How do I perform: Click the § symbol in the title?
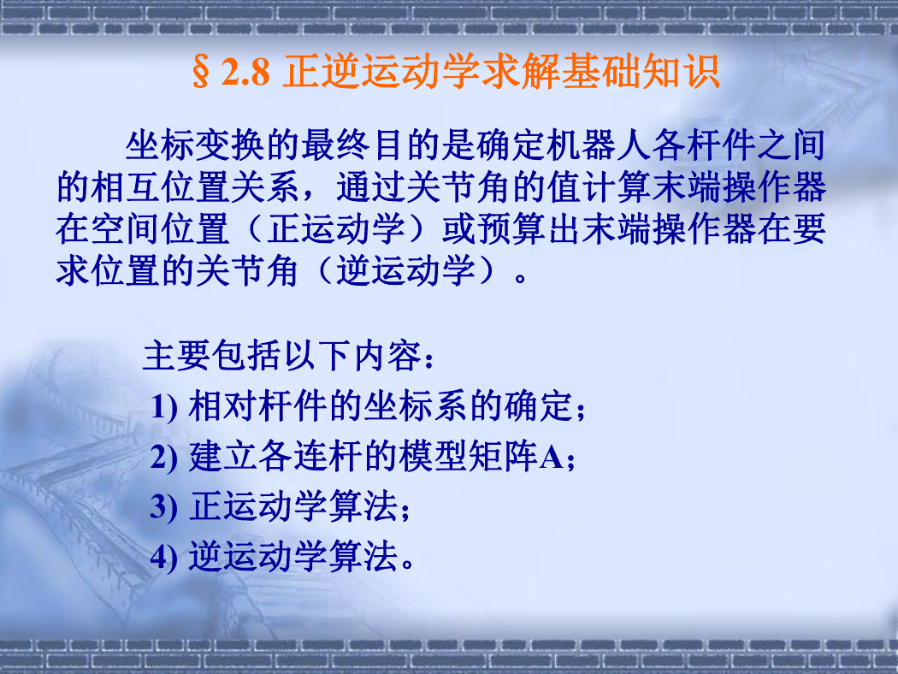(201, 73)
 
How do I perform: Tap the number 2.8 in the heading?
(245, 73)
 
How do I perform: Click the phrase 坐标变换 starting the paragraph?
(196, 145)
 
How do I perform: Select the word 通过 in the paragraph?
(370, 186)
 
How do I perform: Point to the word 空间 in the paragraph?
(126, 228)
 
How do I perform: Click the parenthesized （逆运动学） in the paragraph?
(405, 270)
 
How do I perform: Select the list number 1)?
(164, 407)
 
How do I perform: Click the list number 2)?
(164, 458)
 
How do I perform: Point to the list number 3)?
(164, 507)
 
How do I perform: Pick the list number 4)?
(164, 557)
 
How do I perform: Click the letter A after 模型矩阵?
(551, 458)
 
